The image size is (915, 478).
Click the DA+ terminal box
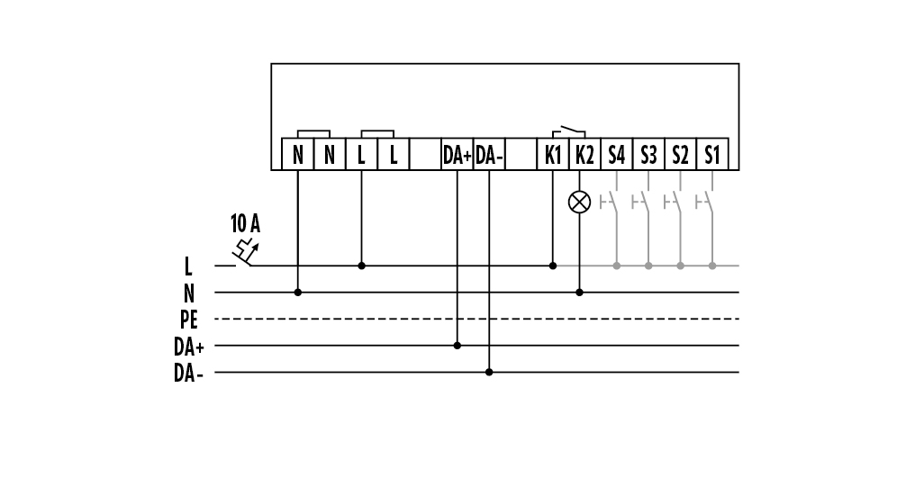457,155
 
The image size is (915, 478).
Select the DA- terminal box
490,155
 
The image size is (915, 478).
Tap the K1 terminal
553,155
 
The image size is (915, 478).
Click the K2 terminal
584,155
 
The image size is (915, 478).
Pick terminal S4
616,155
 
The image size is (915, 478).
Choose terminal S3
648,155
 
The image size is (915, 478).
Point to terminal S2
680,155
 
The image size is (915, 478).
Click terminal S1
712,155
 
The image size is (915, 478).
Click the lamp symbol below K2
580,202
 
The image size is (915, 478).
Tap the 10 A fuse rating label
245,222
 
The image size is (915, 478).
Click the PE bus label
188,320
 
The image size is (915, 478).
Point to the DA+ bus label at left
188,346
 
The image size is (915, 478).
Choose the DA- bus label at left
188,373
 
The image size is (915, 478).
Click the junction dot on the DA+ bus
457,345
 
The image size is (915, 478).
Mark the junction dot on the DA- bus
489,372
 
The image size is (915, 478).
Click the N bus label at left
188,293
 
